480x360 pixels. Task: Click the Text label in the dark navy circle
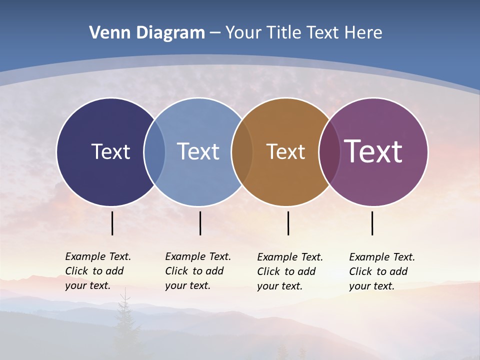pos(110,151)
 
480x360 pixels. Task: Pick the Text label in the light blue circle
pos(198,151)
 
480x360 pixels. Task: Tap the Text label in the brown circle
pos(285,152)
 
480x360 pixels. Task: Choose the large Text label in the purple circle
pos(373,151)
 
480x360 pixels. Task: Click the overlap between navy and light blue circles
pos(154,151)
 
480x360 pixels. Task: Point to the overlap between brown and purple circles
pos(329,151)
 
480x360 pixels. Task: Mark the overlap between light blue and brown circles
pos(242,151)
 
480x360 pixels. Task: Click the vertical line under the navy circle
pos(112,223)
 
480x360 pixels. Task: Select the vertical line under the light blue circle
pos(200,223)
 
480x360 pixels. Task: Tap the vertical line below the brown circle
pos(288,223)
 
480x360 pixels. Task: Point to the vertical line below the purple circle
pos(372,223)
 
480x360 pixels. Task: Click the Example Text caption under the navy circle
pos(97,271)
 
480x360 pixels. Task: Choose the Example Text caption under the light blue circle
pos(197,271)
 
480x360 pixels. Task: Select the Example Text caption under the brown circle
pos(290,271)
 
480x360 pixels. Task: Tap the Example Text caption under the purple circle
pos(381,271)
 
